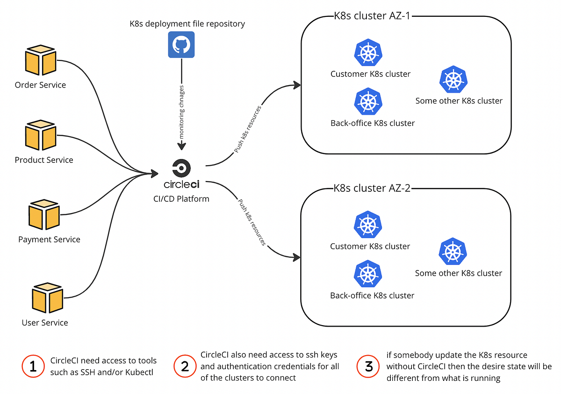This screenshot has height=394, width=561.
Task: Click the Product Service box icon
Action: [x=42, y=136]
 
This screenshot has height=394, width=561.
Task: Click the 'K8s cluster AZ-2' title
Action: [x=372, y=189]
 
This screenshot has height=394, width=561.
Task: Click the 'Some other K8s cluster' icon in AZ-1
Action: [x=453, y=80]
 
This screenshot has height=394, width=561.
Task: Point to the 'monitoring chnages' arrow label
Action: [x=182, y=111]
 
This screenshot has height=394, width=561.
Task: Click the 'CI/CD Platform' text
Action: [x=182, y=199]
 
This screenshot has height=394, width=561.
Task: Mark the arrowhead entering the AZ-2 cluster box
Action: [x=296, y=257]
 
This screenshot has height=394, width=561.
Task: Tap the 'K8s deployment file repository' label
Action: [x=187, y=23]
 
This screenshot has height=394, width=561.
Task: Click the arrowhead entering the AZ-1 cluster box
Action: [x=296, y=85]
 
